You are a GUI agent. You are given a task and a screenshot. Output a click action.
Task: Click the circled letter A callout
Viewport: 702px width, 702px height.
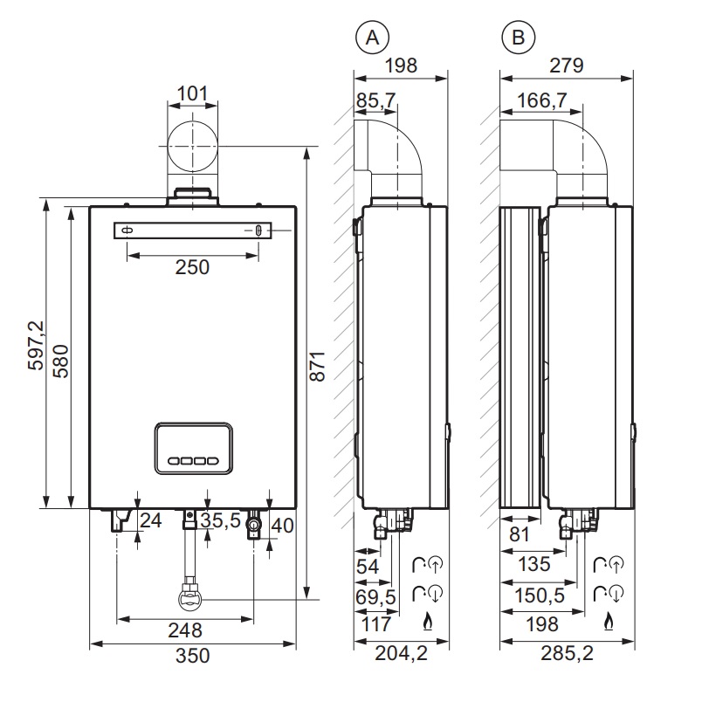point(372,38)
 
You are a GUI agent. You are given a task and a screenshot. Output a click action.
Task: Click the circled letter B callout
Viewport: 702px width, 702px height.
point(519,38)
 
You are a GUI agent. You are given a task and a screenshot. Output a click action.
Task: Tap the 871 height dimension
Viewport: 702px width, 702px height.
point(318,366)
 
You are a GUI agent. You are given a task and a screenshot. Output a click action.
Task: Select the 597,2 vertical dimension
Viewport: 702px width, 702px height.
point(36,345)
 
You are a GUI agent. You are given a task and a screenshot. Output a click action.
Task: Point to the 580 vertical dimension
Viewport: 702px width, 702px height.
point(60,361)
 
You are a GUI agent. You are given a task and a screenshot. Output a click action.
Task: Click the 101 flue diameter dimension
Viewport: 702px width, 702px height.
point(192,93)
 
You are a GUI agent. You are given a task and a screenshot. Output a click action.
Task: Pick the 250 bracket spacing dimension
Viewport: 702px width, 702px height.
point(192,267)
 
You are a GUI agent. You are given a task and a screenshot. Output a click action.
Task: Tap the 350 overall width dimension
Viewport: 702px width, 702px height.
point(192,656)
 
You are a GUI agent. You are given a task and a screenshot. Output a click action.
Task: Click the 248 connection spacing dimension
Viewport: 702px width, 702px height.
point(185,630)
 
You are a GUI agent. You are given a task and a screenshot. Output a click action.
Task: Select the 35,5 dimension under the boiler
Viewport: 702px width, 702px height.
point(220,520)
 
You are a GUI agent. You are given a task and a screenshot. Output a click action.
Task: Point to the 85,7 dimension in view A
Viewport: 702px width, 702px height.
point(375,100)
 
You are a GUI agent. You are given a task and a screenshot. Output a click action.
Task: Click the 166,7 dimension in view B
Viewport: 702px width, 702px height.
point(541,100)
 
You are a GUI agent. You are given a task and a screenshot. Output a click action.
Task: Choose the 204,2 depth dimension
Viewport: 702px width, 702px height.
point(401,653)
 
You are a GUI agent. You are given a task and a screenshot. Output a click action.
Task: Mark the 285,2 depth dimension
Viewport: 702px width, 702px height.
point(567,653)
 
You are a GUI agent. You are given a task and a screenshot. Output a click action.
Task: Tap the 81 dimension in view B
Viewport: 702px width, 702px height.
point(520,534)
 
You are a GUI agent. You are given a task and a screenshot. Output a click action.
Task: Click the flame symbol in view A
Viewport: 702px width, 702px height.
point(428,622)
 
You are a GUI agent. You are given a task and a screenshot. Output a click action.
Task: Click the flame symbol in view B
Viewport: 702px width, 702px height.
point(608,622)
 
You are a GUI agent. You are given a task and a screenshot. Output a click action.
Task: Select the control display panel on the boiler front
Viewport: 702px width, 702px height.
point(194,448)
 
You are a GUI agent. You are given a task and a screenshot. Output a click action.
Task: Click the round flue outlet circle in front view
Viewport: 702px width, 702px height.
point(192,146)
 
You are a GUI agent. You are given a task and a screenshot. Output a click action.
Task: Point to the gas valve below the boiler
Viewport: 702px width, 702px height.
point(191,597)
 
